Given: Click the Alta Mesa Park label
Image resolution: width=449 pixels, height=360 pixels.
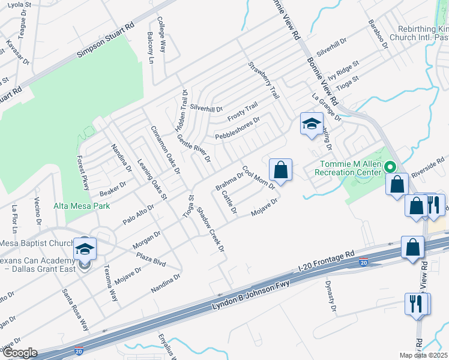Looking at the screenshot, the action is coord(81,206).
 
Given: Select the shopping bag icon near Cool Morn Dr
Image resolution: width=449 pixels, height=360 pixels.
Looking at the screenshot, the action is coord(280,170).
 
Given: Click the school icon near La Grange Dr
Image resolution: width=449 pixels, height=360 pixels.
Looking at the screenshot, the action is coord(312,124).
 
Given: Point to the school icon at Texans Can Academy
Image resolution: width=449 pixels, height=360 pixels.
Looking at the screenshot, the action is coord(85,248).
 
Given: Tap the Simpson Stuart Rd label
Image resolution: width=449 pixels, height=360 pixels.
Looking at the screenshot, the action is coord(105,42).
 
